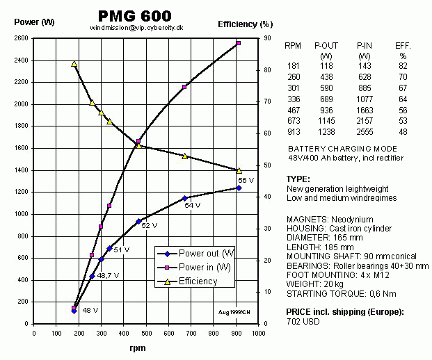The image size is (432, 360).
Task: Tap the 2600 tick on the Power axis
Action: (x=21, y=38)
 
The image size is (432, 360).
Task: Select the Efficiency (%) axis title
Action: (x=244, y=24)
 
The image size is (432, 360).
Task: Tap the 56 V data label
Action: (x=247, y=180)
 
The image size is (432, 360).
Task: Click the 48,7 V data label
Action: (x=108, y=276)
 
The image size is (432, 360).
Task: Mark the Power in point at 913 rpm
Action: (x=239, y=43)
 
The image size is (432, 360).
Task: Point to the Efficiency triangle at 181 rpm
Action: (x=74, y=64)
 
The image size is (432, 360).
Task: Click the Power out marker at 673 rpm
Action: (x=185, y=198)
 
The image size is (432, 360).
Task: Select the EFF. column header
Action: (x=403, y=46)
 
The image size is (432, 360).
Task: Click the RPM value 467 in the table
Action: (x=294, y=111)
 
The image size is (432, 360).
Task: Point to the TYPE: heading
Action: (x=298, y=179)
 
